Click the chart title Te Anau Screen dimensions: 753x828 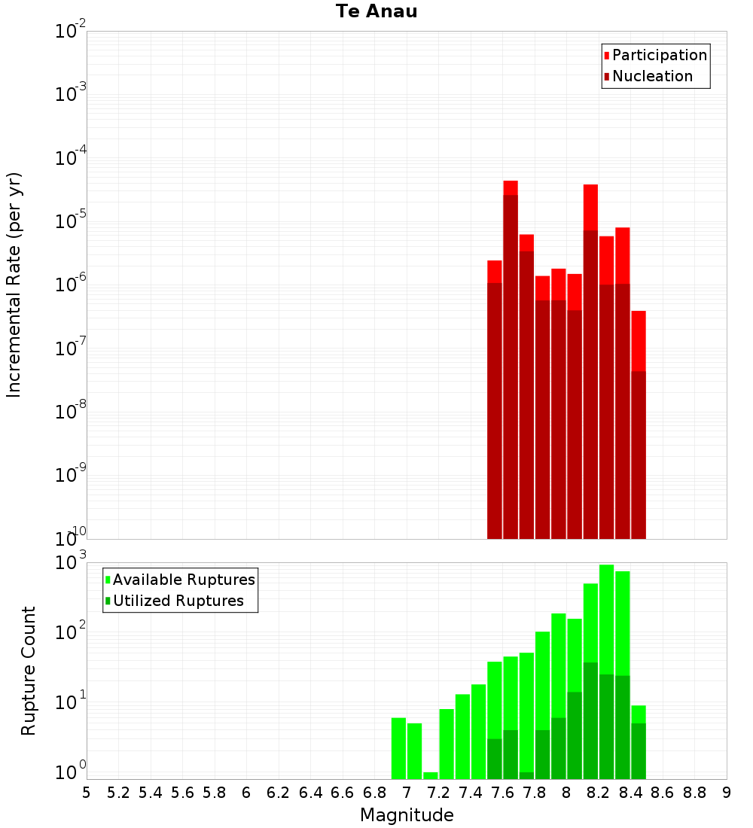(x=376, y=11)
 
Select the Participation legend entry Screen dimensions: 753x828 (x=655, y=55)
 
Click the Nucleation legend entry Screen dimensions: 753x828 (x=648, y=76)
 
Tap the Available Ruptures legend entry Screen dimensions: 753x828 (x=180, y=580)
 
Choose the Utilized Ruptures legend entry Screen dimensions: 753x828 (x=175, y=601)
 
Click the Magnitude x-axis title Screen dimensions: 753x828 (x=407, y=814)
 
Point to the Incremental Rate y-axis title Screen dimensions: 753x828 (x=14, y=285)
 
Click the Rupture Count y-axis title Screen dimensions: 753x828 (x=28, y=671)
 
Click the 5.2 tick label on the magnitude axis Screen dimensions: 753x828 (x=118, y=793)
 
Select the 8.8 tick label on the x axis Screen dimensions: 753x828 (x=695, y=793)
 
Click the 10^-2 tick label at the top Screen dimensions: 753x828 (x=70, y=29)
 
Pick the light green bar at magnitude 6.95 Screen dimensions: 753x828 (x=398, y=748)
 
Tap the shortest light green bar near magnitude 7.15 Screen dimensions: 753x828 (x=431, y=776)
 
